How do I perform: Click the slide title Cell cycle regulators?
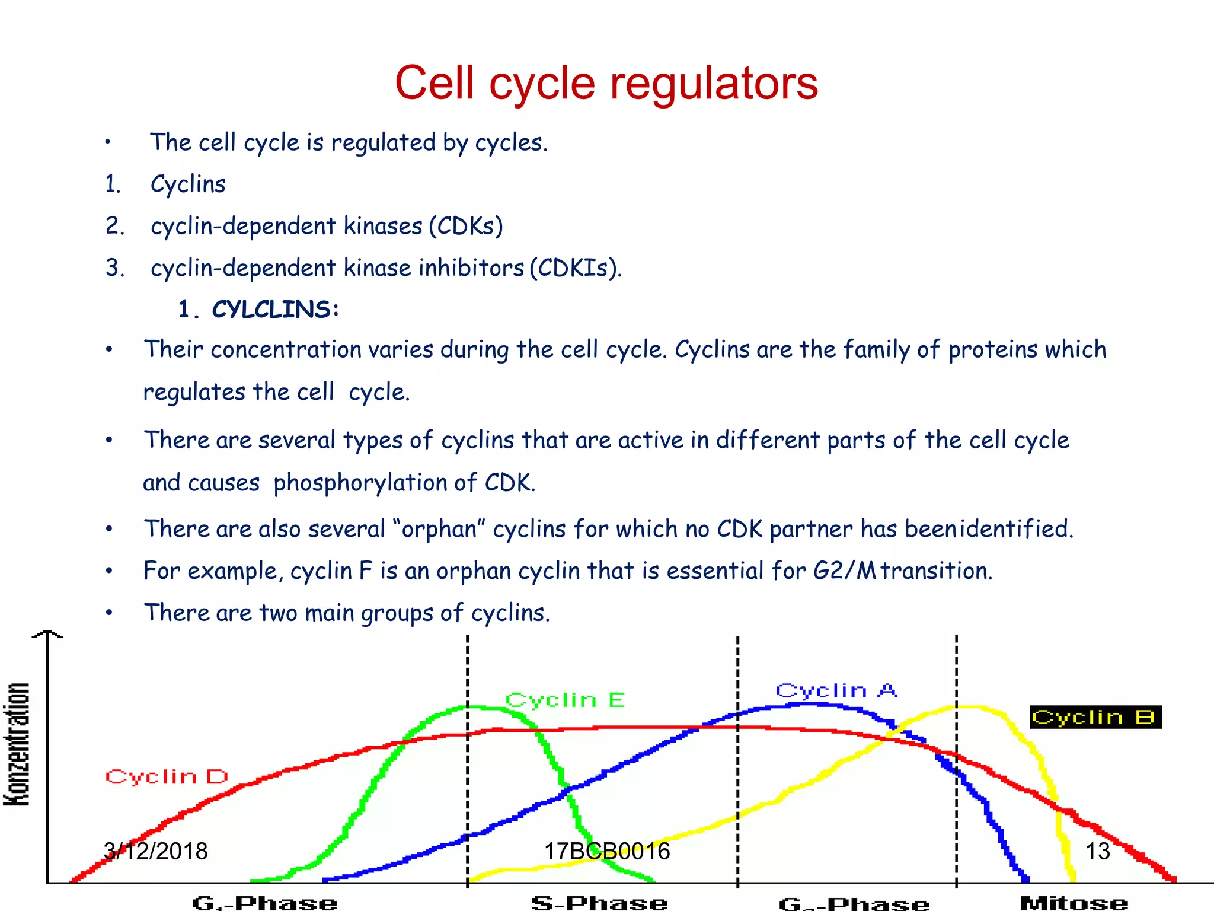coord(606,83)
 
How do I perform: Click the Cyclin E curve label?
coord(565,700)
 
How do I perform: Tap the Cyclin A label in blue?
coord(836,690)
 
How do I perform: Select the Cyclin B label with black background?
coord(1095,717)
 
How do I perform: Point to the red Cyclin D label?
coord(167,776)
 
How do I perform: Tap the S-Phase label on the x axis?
coord(599,903)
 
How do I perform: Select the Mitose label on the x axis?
coord(1074,903)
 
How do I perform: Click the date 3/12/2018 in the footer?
coord(155,851)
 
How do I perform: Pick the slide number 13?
coord(1097,851)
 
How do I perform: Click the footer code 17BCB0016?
coord(606,851)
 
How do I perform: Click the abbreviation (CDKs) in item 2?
coord(466,226)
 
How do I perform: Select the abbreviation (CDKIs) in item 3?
coord(575,268)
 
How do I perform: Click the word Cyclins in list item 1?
coord(188,184)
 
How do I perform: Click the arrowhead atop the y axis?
coord(47,634)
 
